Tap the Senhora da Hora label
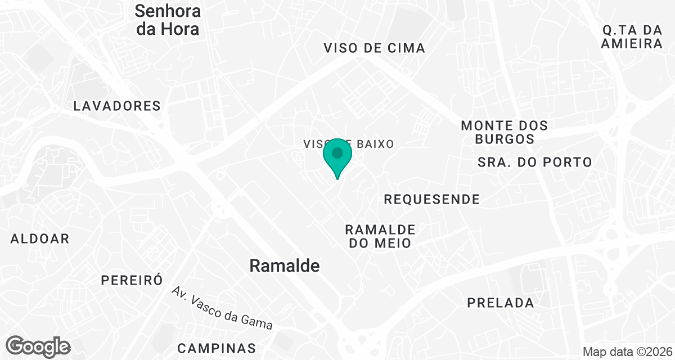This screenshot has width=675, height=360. coord(168,20)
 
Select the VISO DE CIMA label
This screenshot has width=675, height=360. coord(374,48)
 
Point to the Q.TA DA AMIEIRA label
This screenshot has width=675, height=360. coord(631,36)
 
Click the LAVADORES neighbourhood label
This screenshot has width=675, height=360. coord(117,106)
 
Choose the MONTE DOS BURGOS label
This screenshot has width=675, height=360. coord(504,132)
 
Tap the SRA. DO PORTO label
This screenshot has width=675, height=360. coord(534,162)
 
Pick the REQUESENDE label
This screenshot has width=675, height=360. coord(431,199)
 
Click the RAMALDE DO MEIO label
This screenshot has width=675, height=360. coord(380,236)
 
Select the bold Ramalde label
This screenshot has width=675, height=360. coord(284,265)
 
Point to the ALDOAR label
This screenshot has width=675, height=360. coord(40,238)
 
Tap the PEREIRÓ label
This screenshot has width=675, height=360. coord(132,280)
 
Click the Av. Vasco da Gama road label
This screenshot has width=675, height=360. coord(222,308)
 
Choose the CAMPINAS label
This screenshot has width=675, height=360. coord(217,348)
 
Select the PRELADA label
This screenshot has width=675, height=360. coord(500,303)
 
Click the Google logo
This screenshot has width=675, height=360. coord(38,346)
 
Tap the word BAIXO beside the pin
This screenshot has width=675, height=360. coord(372,144)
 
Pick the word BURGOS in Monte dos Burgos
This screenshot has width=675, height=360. coord(504,138)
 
